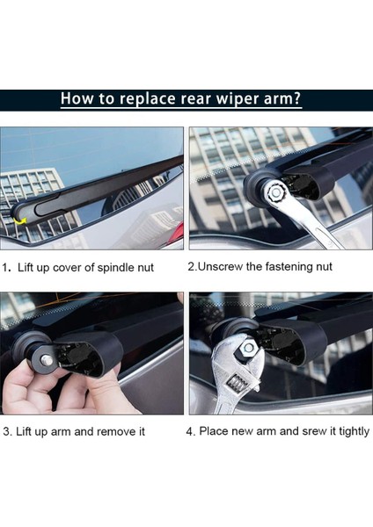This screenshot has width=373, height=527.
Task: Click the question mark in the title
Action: (x=296, y=98)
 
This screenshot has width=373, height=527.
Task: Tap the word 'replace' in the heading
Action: (x=148, y=99)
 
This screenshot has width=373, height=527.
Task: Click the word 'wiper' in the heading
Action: (x=238, y=99)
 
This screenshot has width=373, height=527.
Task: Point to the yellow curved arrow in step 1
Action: (x=20, y=220)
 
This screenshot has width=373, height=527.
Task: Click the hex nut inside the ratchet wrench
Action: (x=276, y=192)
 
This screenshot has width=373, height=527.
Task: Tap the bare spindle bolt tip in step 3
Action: (x=47, y=360)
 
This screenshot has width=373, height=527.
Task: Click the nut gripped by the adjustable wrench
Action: (x=248, y=348)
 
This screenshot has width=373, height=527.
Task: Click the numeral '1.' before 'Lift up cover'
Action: (x=7, y=268)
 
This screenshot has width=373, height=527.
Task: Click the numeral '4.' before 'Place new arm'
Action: (x=191, y=431)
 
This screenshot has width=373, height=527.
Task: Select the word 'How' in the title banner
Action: (x=76, y=98)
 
